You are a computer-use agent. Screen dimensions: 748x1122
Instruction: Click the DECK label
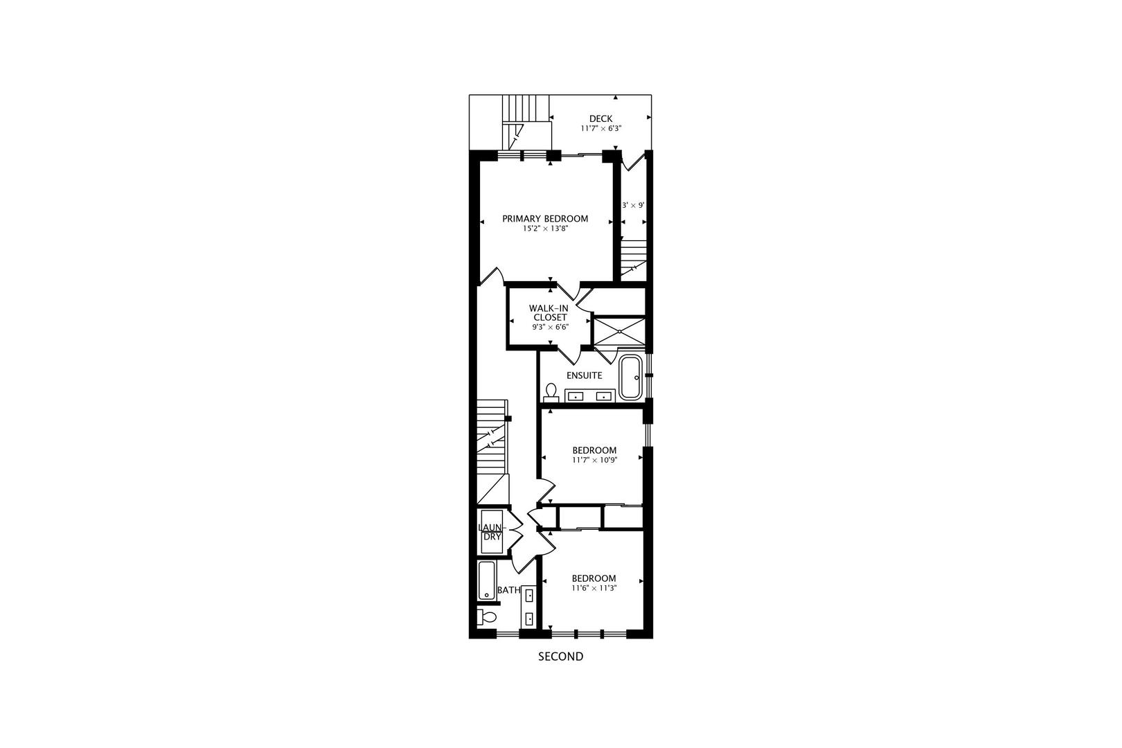(600, 118)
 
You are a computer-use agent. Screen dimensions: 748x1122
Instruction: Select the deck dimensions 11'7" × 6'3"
(600, 129)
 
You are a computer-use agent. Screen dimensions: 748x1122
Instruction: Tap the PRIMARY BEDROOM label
(545, 219)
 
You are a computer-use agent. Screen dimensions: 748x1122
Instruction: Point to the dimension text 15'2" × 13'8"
(545, 229)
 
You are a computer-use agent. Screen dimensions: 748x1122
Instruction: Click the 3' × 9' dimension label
(633, 206)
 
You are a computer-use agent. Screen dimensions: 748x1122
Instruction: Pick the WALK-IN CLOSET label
(550, 313)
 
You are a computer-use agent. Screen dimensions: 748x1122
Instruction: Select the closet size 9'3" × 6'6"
(550, 328)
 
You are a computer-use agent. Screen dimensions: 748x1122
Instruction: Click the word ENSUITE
(584, 375)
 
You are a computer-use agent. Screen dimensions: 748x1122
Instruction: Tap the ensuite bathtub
(630, 377)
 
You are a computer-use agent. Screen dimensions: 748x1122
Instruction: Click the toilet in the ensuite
(551, 393)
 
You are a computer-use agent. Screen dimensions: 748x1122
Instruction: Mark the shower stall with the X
(619, 331)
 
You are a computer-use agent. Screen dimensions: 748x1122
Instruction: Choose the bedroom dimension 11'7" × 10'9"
(594, 460)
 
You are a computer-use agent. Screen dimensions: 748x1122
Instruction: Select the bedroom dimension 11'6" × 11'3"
(594, 588)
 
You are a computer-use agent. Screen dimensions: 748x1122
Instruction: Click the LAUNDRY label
(491, 532)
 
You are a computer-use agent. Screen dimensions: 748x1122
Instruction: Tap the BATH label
(509, 590)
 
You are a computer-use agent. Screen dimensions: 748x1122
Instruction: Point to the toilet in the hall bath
(488, 616)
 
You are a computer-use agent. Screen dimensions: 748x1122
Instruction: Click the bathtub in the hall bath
(486, 580)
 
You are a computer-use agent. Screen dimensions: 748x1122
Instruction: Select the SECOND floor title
(560, 657)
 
